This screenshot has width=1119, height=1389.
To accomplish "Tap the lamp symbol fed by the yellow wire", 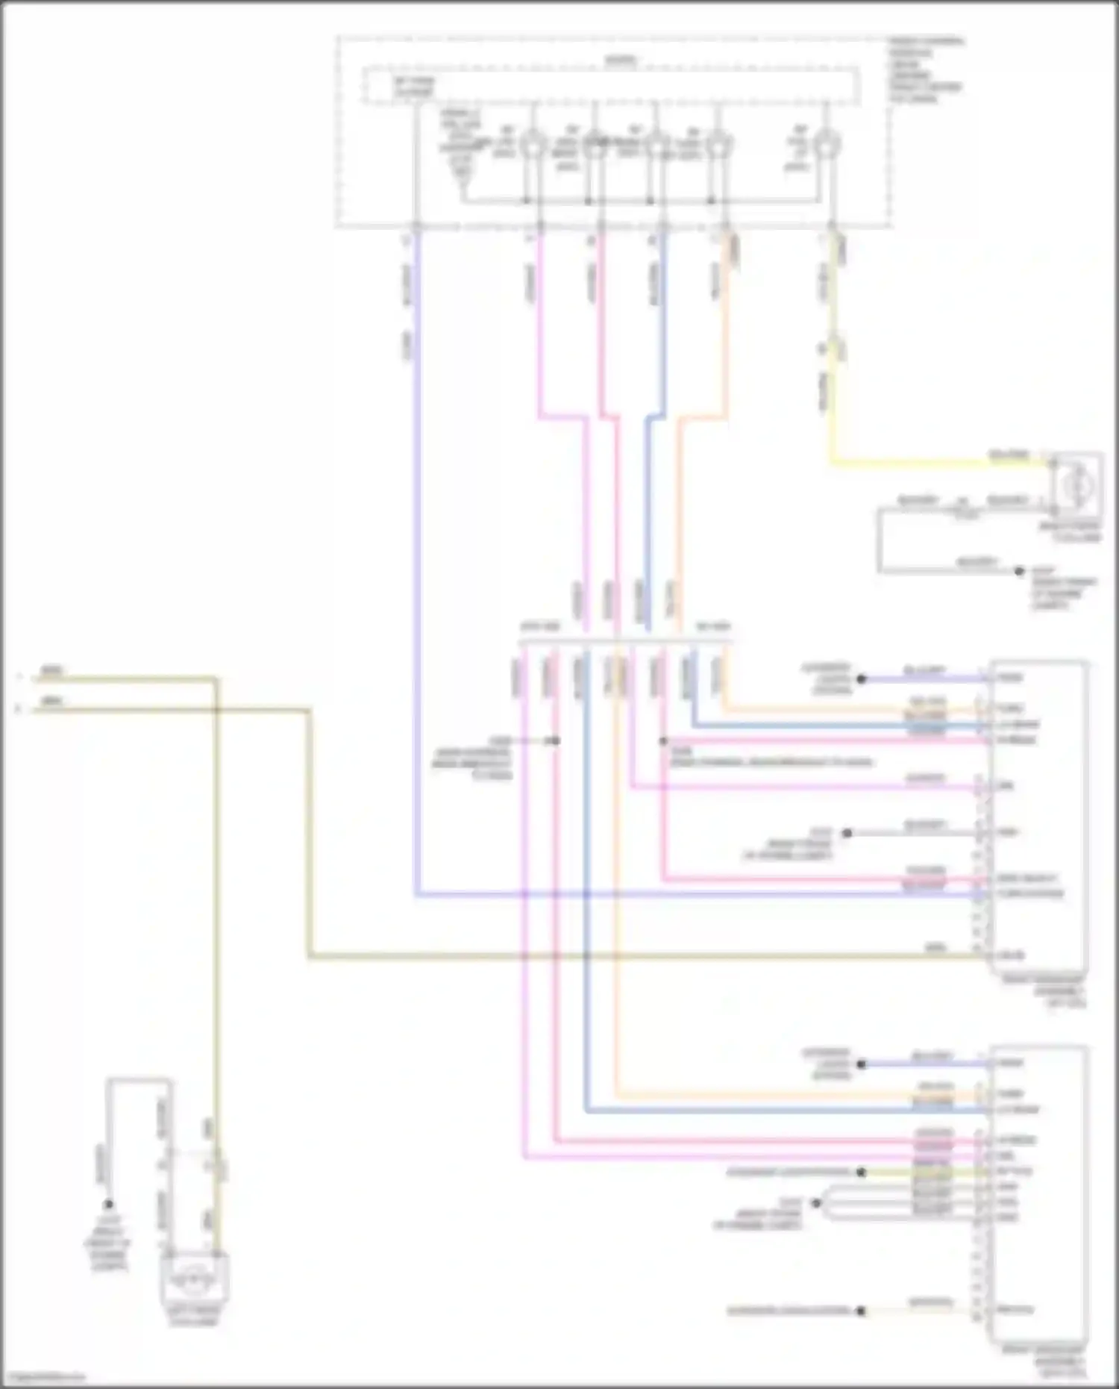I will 1076,485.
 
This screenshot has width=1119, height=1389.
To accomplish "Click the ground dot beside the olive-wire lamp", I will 109,1204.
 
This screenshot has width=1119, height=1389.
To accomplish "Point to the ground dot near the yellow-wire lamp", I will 1019,572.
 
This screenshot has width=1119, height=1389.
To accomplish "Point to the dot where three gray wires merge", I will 816,1202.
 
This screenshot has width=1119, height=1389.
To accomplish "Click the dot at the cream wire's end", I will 861,1311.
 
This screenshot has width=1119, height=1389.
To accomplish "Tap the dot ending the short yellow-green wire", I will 861,1172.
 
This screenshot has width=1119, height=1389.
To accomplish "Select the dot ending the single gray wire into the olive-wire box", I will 847,833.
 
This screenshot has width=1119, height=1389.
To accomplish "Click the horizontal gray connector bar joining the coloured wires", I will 625,641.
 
